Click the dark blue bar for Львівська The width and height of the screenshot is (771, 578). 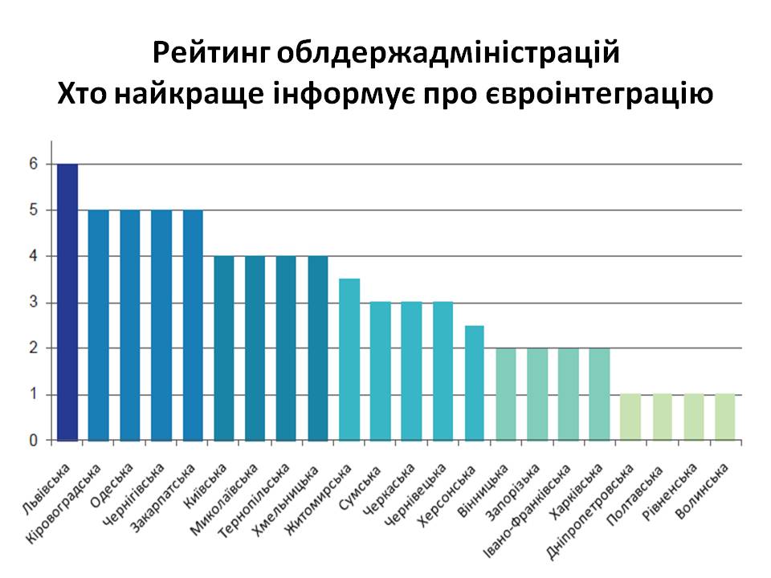[67, 302]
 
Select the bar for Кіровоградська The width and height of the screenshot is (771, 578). [98, 325]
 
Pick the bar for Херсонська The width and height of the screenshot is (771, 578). [475, 383]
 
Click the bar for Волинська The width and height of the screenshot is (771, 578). [725, 417]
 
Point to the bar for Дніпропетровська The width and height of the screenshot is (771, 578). [631, 417]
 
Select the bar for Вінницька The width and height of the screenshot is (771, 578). [506, 394]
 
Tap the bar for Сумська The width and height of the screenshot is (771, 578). [381, 371]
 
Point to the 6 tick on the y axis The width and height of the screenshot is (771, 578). [35, 164]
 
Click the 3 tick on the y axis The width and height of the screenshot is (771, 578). [35, 303]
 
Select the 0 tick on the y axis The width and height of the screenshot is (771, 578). [35, 441]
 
